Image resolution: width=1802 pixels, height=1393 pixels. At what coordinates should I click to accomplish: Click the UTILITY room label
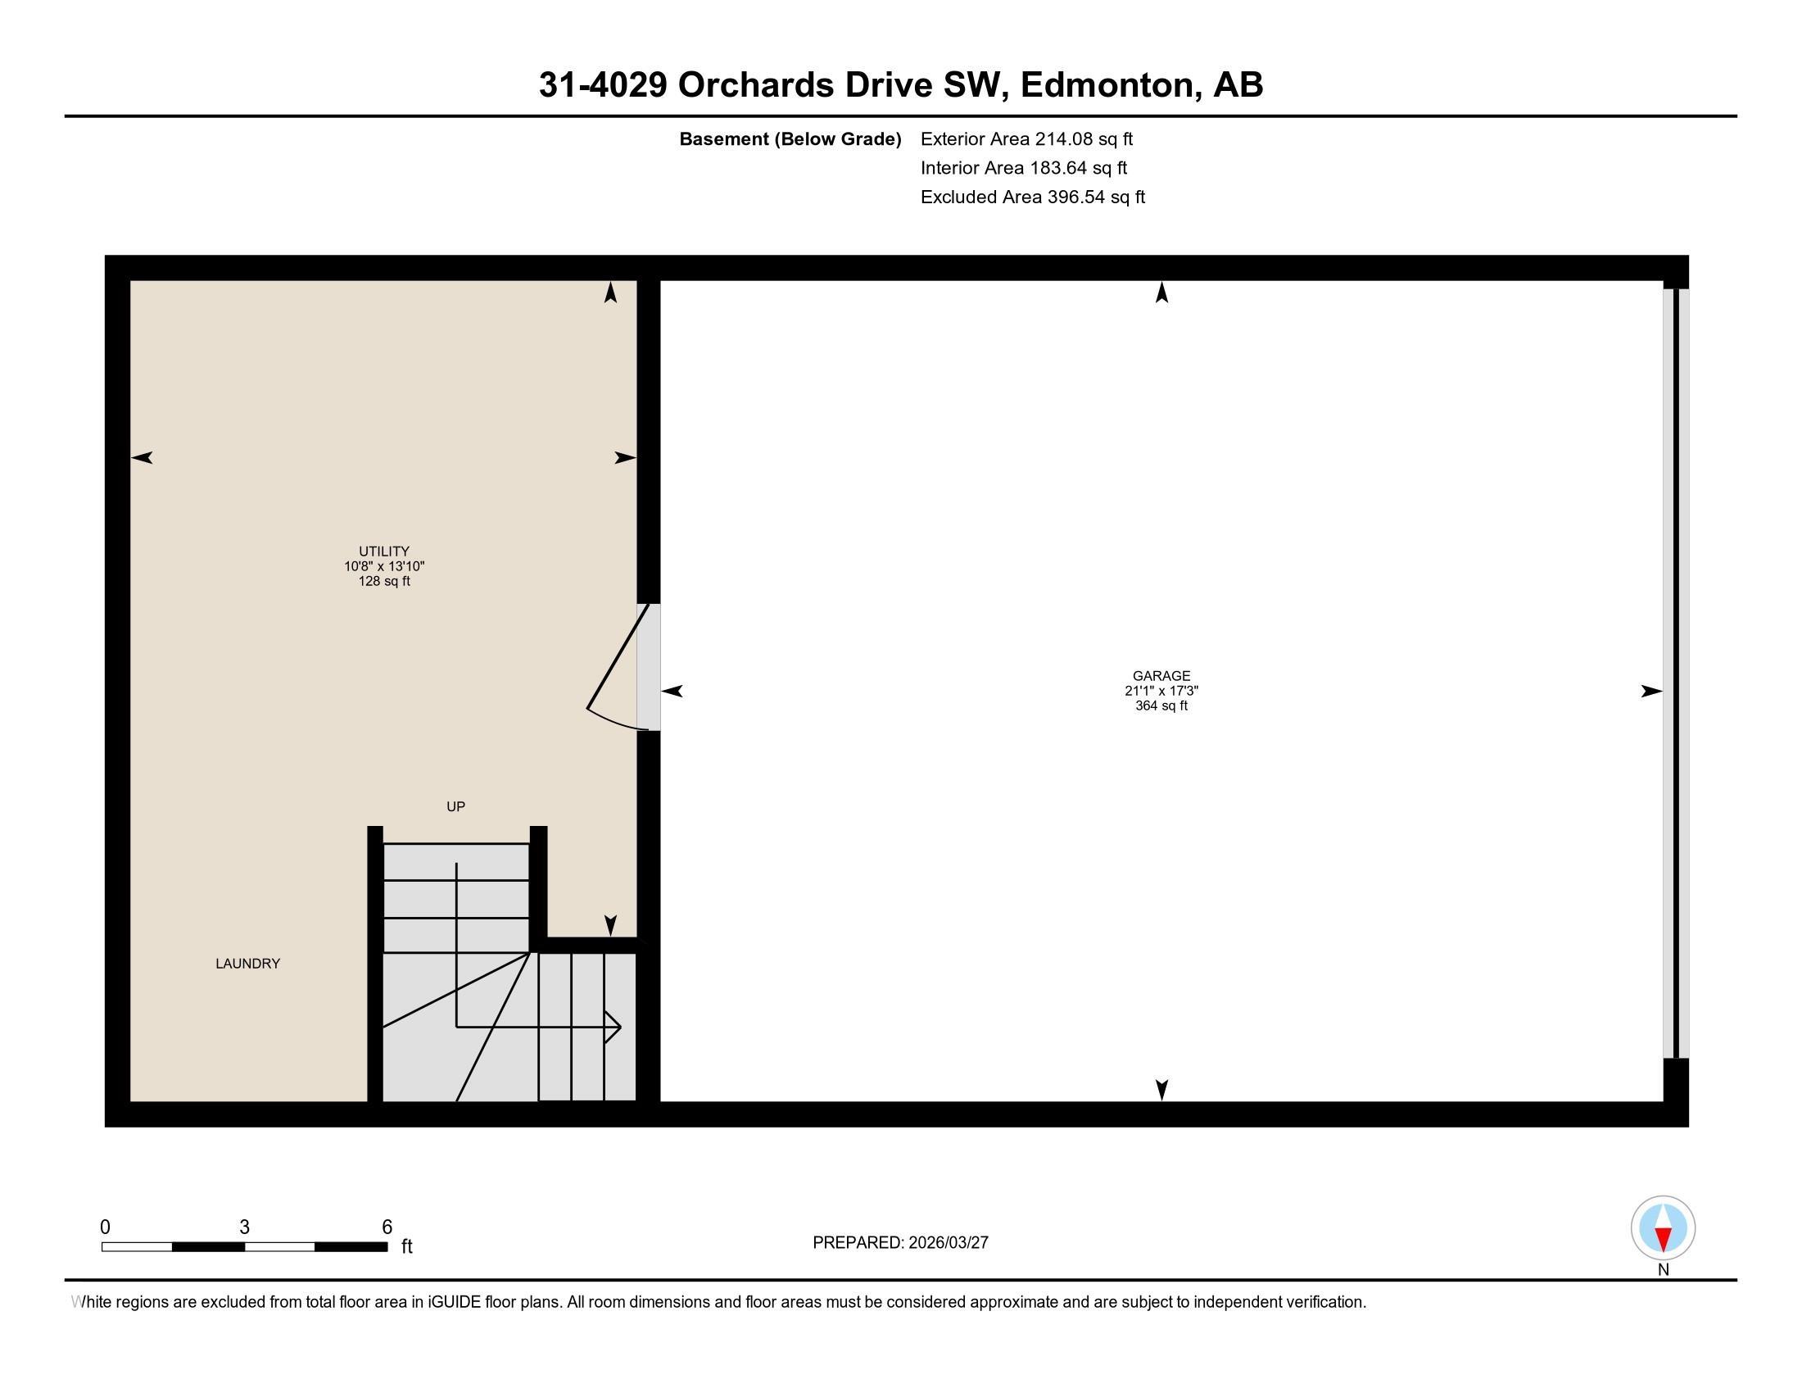click(x=383, y=551)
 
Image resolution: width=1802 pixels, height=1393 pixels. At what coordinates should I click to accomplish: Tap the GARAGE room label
click(x=1161, y=676)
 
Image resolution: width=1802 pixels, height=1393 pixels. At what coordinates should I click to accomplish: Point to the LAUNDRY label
click(x=247, y=964)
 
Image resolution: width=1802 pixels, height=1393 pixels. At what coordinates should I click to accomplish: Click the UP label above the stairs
click(x=455, y=807)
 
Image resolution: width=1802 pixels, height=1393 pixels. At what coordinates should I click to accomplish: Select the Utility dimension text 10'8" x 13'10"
click(x=383, y=566)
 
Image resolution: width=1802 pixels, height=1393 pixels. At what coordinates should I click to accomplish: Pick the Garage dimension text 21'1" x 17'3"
click(x=1161, y=691)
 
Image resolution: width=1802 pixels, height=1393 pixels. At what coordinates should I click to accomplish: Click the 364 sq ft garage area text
click(x=1161, y=706)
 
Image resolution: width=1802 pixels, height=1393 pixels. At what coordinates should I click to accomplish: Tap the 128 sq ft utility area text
click(x=383, y=581)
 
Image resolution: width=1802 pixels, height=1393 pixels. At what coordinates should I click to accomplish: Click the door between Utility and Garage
click(x=648, y=667)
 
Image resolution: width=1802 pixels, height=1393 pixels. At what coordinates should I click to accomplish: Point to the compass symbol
click(x=1663, y=1227)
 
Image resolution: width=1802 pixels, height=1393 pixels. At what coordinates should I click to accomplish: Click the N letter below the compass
click(x=1664, y=1270)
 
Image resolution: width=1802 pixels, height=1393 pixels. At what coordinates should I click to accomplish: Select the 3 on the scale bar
click(x=244, y=1227)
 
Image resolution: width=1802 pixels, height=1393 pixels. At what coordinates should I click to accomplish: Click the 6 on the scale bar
click(x=387, y=1227)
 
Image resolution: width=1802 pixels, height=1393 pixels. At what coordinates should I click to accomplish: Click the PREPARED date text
click(x=900, y=1243)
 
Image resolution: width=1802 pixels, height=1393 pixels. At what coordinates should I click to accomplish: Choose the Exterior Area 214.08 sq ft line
click(x=1026, y=139)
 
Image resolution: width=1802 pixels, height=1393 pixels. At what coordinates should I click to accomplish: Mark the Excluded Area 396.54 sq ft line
click(x=1032, y=197)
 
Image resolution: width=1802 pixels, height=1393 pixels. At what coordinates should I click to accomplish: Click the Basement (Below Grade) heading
click(x=790, y=139)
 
